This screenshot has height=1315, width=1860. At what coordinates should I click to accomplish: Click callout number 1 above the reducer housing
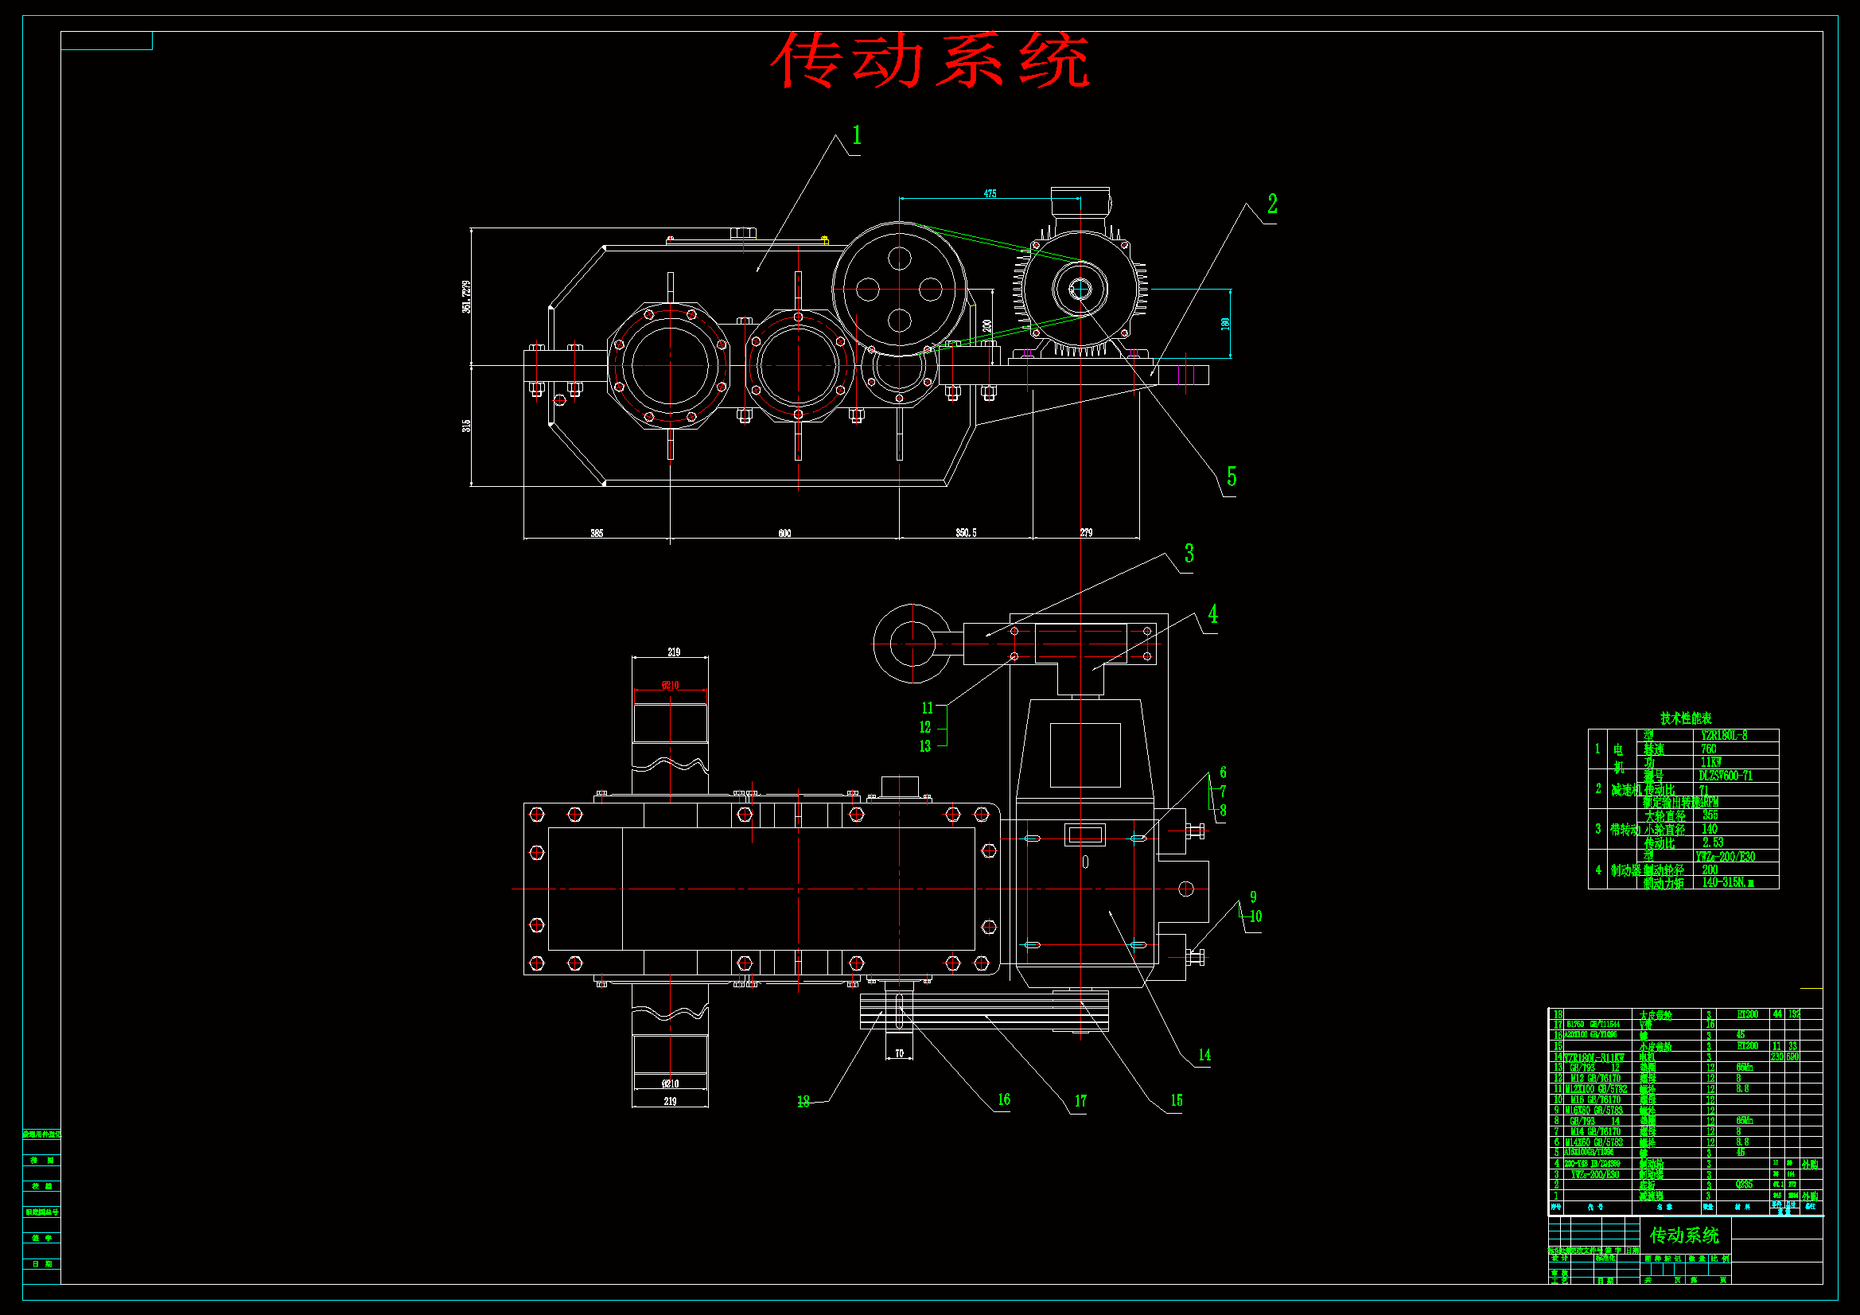[856, 135]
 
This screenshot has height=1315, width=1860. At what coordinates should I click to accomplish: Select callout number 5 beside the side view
[1232, 477]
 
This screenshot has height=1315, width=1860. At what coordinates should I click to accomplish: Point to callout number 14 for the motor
[1204, 1055]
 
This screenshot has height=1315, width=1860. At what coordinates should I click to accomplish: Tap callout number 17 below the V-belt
[1080, 1101]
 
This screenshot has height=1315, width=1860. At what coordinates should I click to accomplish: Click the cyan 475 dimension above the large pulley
[990, 193]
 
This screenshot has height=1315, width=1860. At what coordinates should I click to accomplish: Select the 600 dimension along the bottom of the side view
[784, 533]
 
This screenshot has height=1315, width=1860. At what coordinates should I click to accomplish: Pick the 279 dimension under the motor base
[1087, 532]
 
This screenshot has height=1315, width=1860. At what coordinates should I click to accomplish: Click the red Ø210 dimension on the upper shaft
[670, 686]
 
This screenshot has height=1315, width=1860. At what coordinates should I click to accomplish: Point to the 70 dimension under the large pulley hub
[899, 1053]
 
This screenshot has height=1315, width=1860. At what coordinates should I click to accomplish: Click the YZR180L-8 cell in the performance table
[1724, 736]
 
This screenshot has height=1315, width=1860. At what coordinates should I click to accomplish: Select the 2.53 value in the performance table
[1713, 842]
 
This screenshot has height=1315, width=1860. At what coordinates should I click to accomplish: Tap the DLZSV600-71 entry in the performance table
[1726, 776]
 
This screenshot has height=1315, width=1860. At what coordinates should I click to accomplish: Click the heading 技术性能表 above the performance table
[1686, 718]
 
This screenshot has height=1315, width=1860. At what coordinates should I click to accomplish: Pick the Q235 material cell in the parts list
[1744, 1184]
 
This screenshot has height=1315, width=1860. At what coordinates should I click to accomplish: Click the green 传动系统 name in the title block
[1685, 1235]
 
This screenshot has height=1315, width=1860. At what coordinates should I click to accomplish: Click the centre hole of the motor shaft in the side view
[1080, 288]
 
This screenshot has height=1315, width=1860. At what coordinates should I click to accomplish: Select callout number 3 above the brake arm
[1189, 554]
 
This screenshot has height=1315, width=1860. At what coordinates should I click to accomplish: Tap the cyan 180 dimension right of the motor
[1226, 323]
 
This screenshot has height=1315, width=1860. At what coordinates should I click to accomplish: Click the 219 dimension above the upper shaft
[673, 652]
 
